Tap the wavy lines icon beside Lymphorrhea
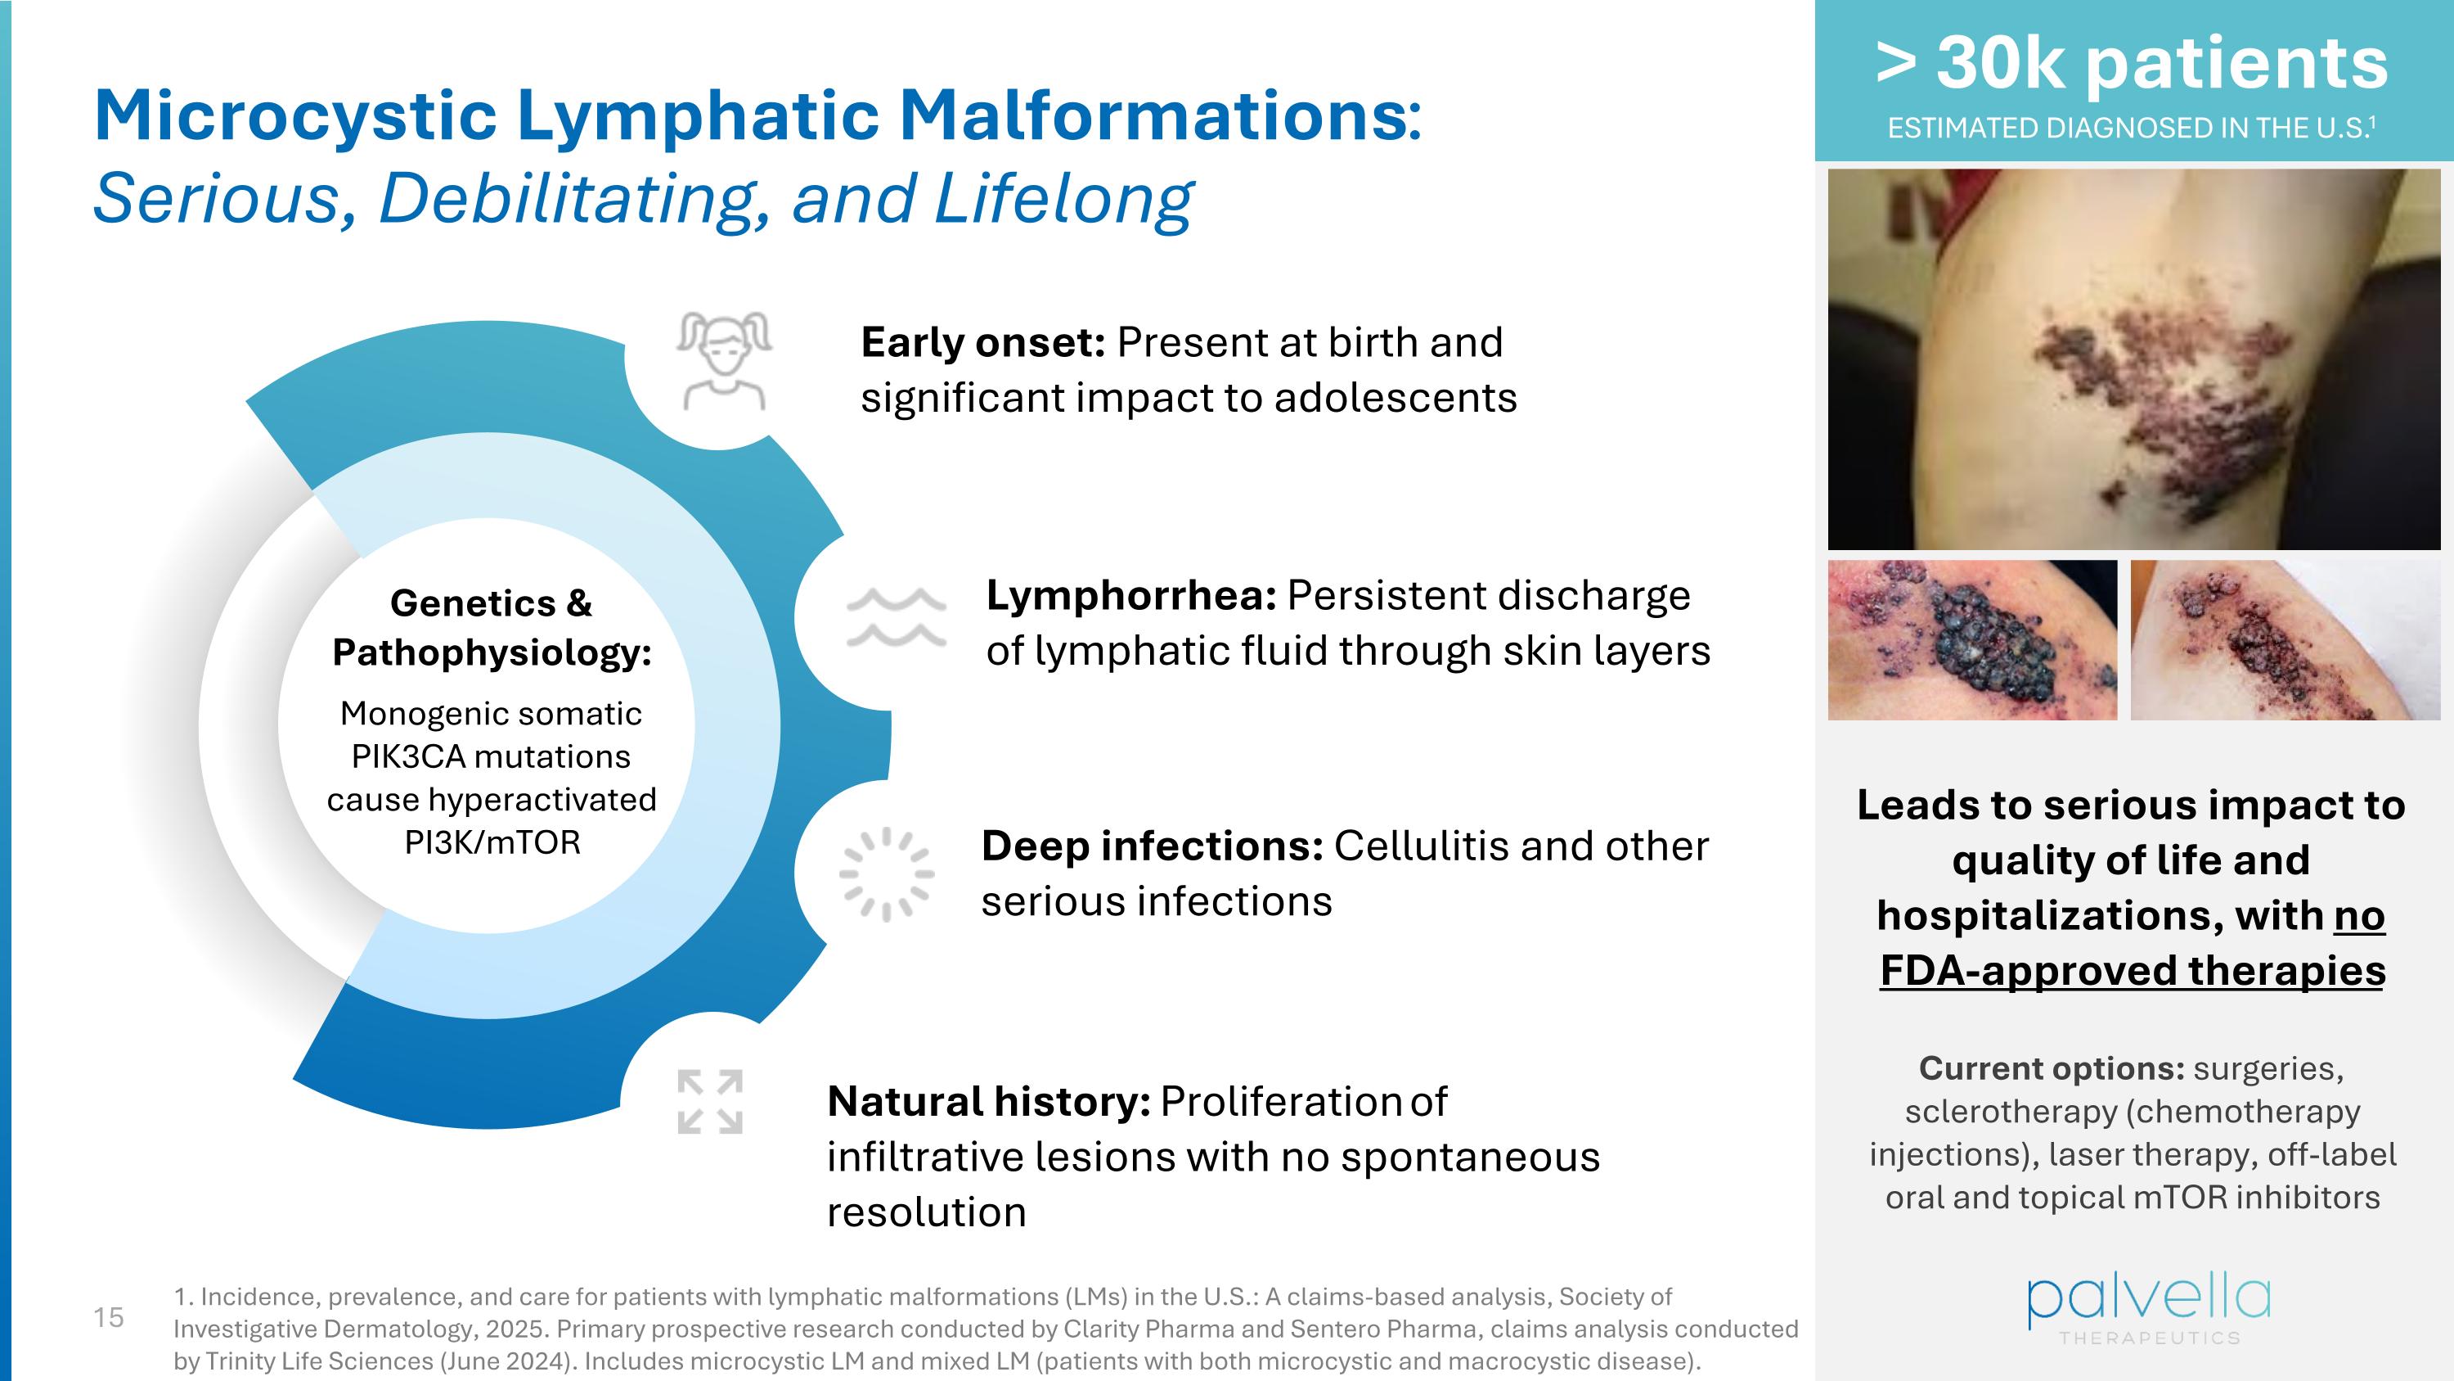(897, 617)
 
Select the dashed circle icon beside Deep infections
(887, 874)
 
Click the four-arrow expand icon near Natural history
(710, 1102)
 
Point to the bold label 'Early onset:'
(982, 342)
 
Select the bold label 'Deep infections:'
(1151, 846)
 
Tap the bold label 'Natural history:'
(988, 1102)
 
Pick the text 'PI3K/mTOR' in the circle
(492, 842)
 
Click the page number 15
(109, 1317)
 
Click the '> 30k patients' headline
(2132, 63)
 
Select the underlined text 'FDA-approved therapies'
(2132, 971)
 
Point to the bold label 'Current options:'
(2051, 1068)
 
